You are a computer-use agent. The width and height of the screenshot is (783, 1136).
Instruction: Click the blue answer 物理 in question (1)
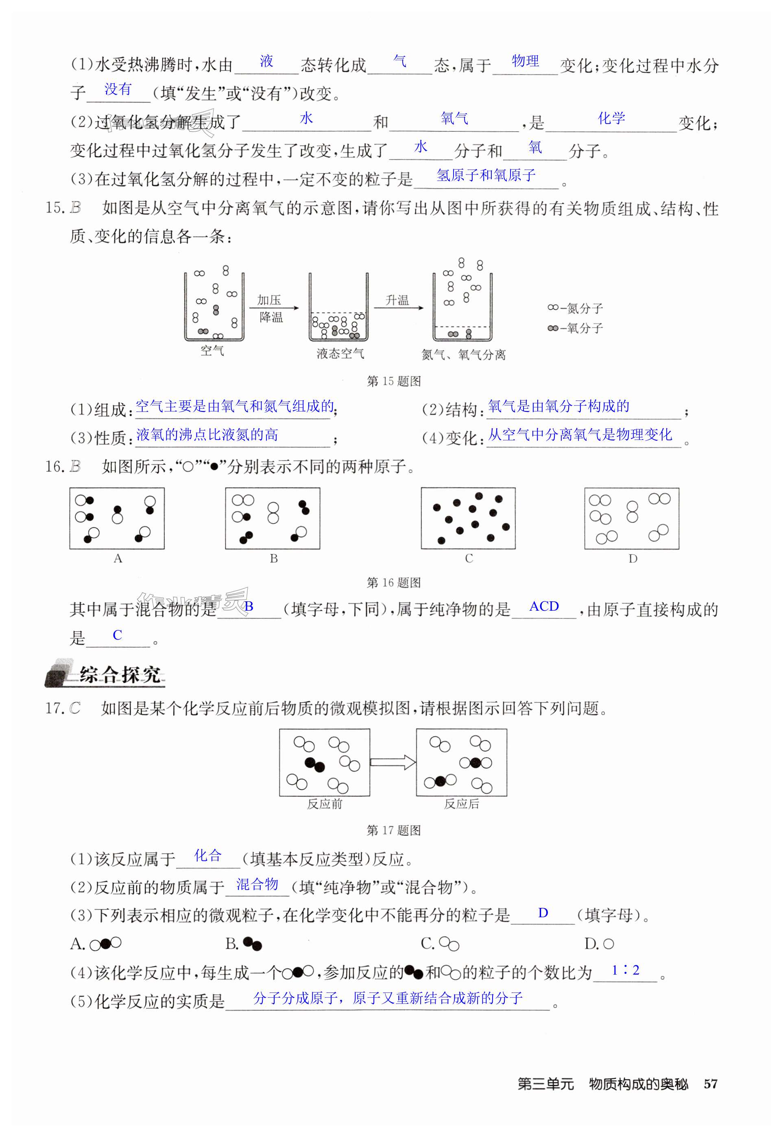[525, 61]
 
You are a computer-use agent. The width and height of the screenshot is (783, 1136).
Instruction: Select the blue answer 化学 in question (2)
[611, 118]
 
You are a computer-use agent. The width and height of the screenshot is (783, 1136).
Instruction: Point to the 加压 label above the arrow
[269, 300]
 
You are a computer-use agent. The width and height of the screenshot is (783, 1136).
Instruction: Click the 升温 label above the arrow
[397, 300]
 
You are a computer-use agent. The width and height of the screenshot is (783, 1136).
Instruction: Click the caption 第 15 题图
[393, 381]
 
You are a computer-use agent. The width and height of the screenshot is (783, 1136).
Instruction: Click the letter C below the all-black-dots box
[469, 558]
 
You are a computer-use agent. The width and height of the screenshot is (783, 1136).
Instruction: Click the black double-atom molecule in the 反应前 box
[314, 764]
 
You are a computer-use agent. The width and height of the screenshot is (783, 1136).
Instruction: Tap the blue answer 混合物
[257, 884]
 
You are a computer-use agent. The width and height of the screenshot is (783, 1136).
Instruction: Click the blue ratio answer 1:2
[626, 970]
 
